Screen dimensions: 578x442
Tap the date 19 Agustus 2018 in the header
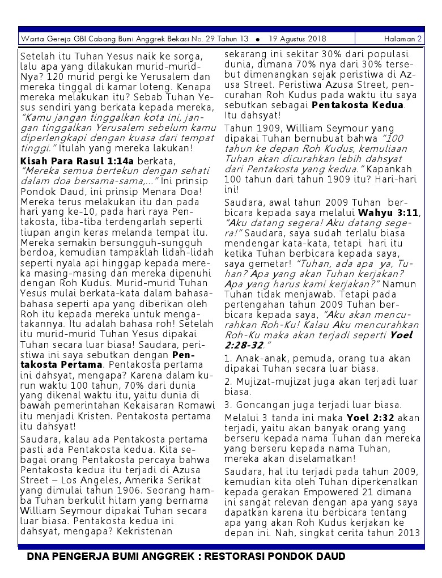tap(297, 39)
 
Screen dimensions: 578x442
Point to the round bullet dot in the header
tap(258, 40)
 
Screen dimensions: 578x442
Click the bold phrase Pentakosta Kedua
tap(358, 105)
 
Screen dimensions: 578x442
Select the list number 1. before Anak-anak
tap(228, 359)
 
